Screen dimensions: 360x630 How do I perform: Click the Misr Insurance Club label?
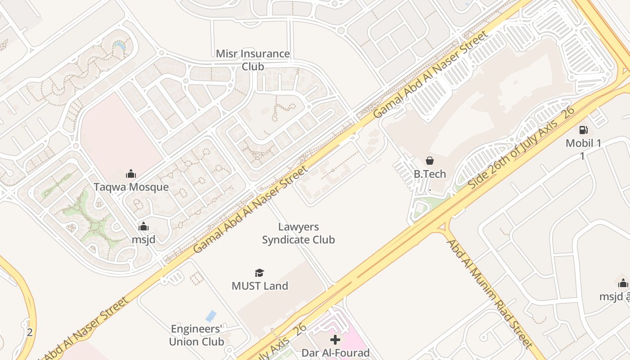click(253, 60)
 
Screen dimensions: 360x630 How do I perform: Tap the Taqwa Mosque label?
click(131, 187)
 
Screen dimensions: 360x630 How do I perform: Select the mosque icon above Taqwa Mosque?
click(131, 174)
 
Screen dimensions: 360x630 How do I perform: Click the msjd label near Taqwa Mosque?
click(144, 239)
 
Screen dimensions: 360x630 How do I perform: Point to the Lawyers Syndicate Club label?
click(298, 233)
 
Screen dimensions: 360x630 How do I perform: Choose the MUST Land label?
click(260, 286)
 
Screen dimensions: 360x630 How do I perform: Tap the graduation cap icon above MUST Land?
click(259, 273)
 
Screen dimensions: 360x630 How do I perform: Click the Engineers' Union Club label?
click(197, 335)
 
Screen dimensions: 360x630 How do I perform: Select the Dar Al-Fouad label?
click(335, 353)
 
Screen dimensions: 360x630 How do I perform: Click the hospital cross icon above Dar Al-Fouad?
click(335, 340)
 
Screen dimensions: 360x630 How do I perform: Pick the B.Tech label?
click(430, 174)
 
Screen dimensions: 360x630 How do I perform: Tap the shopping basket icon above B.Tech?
click(430, 161)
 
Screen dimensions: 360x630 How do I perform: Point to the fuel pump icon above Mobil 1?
click(583, 130)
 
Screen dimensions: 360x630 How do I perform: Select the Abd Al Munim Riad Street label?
click(490, 293)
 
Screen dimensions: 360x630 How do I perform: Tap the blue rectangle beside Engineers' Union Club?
click(211, 316)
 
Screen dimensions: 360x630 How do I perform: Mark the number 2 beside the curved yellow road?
click(30, 333)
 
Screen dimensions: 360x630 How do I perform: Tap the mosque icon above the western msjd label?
click(144, 226)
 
